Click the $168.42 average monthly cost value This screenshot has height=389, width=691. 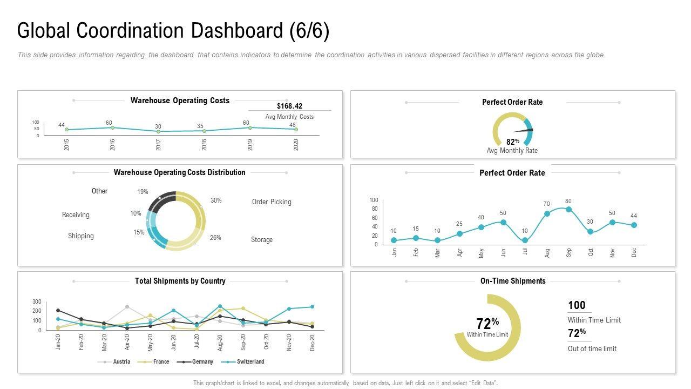[x=289, y=106]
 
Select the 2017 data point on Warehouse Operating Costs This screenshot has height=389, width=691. [x=158, y=131]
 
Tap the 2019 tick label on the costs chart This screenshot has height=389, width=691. [x=250, y=145]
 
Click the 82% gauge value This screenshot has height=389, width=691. [x=512, y=142]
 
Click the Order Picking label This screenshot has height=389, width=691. [x=272, y=202]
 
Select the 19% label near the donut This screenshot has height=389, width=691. [x=143, y=192]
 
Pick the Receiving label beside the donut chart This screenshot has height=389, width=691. [x=76, y=215]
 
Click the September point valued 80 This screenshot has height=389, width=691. [x=568, y=210]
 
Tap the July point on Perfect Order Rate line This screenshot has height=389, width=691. [x=525, y=240]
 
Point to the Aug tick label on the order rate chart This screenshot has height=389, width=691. [x=547, y=253]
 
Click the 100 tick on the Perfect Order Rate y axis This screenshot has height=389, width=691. [x=374, y=200]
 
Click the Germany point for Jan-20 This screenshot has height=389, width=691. [x=58, y=311]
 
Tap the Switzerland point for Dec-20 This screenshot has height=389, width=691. [x=312, y=307]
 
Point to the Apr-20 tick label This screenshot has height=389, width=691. [x=127, y=342]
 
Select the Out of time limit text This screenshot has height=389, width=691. [x=592, y=349]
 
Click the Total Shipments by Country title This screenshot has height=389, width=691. [x=180, y=281]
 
